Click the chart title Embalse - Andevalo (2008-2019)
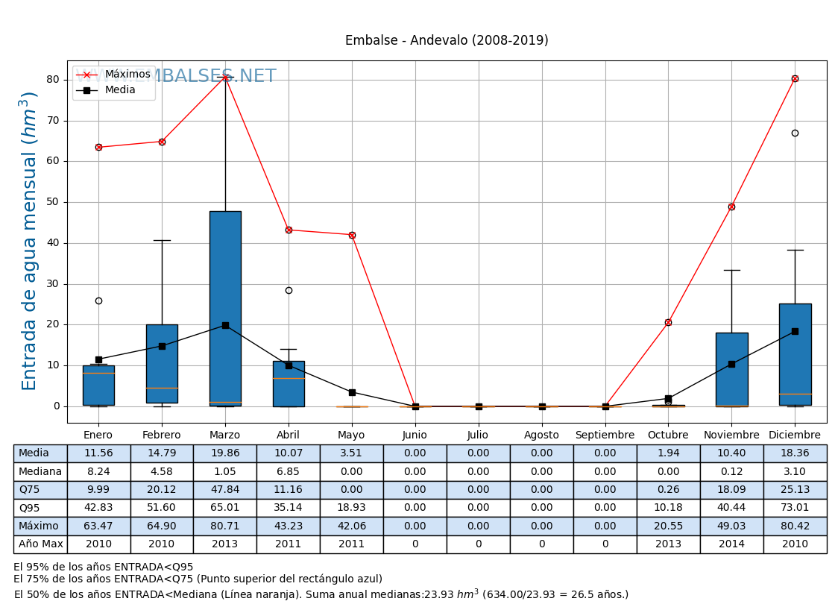point(447,40)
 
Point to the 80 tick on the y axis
point(53,80)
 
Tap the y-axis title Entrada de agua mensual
point(29,240)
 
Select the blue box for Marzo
point(225,308)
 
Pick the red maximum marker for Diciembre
point(795,78)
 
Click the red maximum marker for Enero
point(98,147)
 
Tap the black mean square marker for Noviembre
point(731,364)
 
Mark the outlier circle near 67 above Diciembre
point(795,133)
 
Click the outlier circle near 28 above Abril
point(289,290)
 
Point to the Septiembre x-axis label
point(605,435)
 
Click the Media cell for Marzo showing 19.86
point(224,453)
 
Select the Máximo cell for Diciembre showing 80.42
point(795,526)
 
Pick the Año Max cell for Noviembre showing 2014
point(731,544)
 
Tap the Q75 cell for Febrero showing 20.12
point(162,490)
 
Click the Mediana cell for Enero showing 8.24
point(98,471)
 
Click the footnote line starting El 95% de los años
point(104,567)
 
